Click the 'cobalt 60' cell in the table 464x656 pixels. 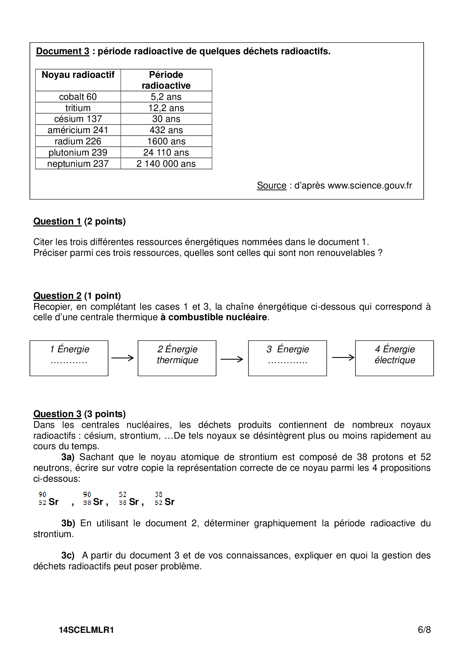point(78,97)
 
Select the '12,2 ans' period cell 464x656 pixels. point(166,108)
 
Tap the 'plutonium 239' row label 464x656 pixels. point(78,153)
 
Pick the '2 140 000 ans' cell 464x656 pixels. point(166,164)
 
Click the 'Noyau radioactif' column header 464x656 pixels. point(78,75)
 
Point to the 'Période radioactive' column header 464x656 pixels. point(166,80)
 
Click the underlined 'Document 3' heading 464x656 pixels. point(62,51)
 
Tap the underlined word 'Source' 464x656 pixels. point(271,186)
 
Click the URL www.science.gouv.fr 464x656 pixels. point(370,186)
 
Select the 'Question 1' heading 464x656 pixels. point(57,221)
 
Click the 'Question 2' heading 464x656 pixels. point(57,296)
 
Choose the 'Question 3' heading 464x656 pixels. point(57,414)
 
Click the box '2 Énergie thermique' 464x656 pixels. point(177,358)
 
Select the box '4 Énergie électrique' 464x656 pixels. point(394,358)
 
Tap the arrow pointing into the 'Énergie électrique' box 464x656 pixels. point(343,358)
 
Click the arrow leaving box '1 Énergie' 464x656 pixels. point(122,358)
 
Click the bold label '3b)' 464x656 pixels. point(68,523)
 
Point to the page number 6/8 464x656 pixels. point(424,630)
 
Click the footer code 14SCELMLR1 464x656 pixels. point(86,630)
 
